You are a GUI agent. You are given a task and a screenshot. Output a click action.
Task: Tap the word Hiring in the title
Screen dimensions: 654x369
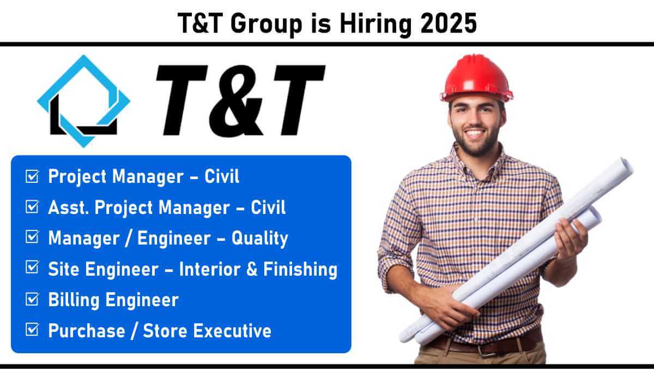[376, 24]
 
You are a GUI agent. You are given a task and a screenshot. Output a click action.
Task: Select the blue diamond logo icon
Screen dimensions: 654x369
[84, 101]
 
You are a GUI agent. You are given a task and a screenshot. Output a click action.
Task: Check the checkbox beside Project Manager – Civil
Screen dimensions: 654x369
[32, 176]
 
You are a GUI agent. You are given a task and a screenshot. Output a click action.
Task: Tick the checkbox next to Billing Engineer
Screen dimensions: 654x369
[32, 300]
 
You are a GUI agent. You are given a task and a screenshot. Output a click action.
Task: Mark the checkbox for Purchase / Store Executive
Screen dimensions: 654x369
[32, 330]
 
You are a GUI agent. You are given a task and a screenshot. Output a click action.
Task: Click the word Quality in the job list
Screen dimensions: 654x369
[260, 239]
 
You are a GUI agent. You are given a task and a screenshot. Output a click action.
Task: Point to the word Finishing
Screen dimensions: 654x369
[300, 269]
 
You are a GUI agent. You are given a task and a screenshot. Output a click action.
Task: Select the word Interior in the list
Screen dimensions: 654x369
[210, 269]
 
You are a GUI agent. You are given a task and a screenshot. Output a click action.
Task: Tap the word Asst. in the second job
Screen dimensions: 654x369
[68, 207]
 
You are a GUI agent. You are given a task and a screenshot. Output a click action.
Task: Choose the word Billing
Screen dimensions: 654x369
[74, 300]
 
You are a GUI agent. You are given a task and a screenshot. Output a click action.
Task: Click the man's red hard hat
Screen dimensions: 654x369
[476, 78]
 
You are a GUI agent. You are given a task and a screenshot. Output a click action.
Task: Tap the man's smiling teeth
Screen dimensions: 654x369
[474, 134]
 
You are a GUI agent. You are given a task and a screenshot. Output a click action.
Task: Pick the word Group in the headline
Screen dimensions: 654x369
[267, 24]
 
